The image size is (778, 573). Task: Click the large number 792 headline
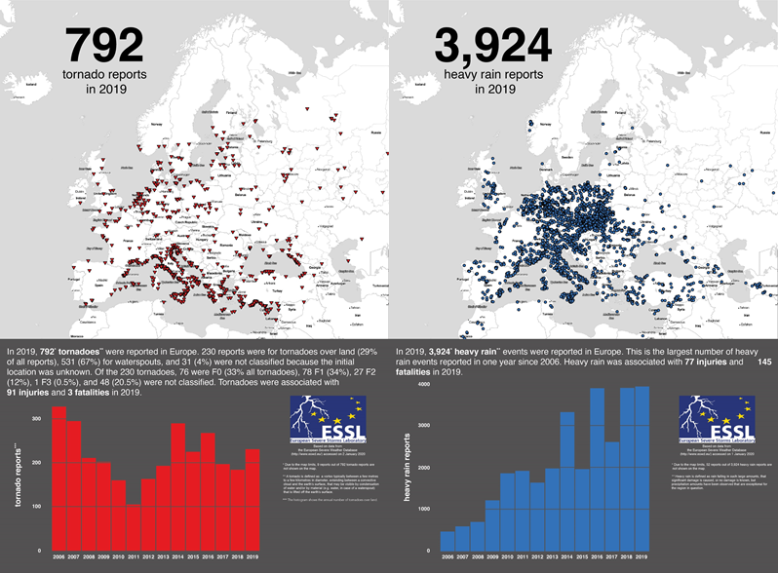click(x=104, y=46)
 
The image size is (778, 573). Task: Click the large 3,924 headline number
click(x=491, y=46)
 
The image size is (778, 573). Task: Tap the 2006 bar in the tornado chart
click(x=58, y=477)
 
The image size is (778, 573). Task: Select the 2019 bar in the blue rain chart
click(x=641, y=468)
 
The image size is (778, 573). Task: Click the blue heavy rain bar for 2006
click(x=447, y=540)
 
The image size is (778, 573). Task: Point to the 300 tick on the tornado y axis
click(x=35, y=418)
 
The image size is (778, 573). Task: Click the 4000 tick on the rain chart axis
click(x=424, y=386)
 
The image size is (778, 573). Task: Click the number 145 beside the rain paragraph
click(x=763, y=362)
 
